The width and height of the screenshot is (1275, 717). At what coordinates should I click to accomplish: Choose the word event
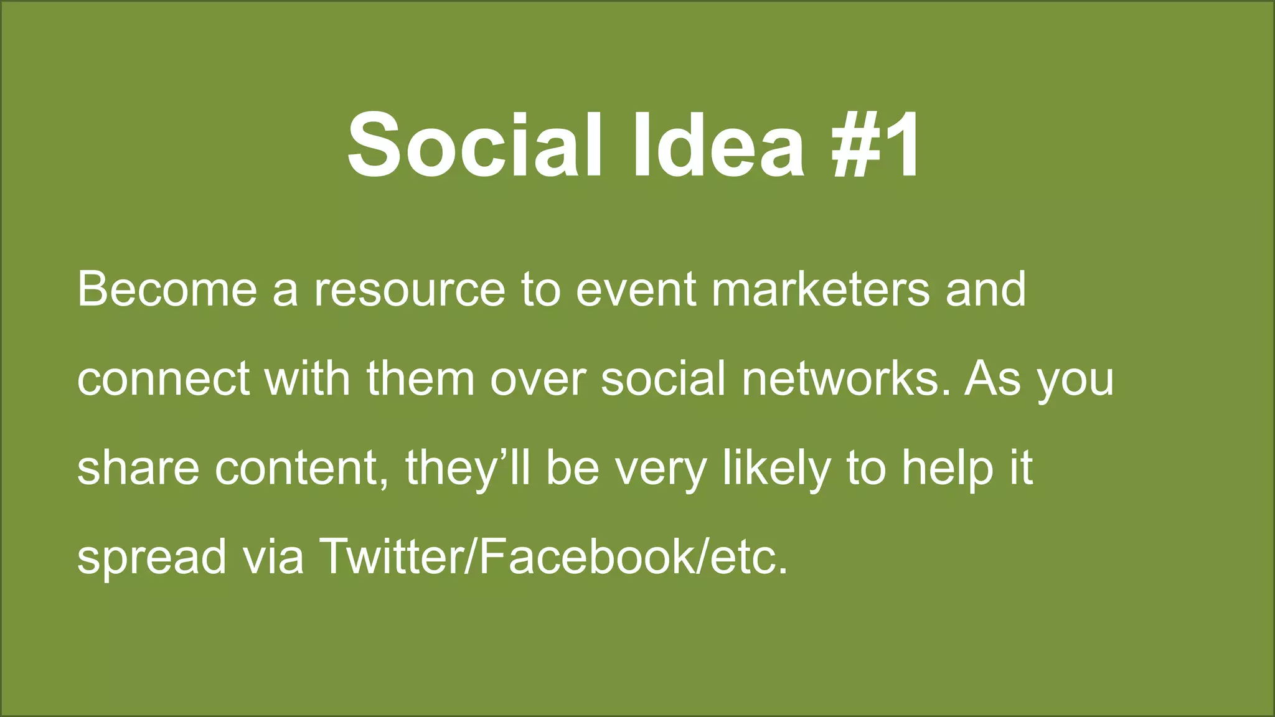click(x=636, y=290)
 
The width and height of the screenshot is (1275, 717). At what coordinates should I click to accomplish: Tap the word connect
click(x=163, y=380)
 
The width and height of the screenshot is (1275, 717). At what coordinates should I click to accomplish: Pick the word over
click(x=538, y=380)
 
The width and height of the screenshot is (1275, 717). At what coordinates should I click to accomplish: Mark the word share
click(x=138, y=468)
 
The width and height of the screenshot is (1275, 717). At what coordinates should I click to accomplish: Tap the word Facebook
click(x=586, y=556)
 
